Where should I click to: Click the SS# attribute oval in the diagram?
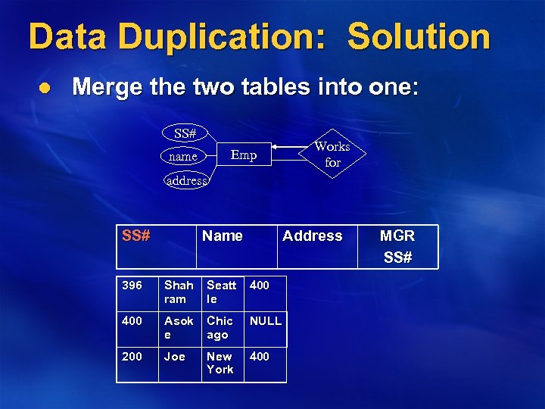click(x=185, y=133)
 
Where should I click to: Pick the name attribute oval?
click(x=182, y=156)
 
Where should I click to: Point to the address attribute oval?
click(x=186, y=180)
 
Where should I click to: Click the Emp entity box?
click(x=244, y=155)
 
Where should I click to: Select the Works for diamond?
click(x=332, y=155)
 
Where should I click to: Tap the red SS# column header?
click(x=135, y=236)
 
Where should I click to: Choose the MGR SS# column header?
click(x=397, y=246)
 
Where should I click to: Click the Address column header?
click(x=312, y=236)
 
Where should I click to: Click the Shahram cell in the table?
click(x=179, y=292)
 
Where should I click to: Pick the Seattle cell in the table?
click(x=221, y=292)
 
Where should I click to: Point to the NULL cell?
click(x=265, y=320)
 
